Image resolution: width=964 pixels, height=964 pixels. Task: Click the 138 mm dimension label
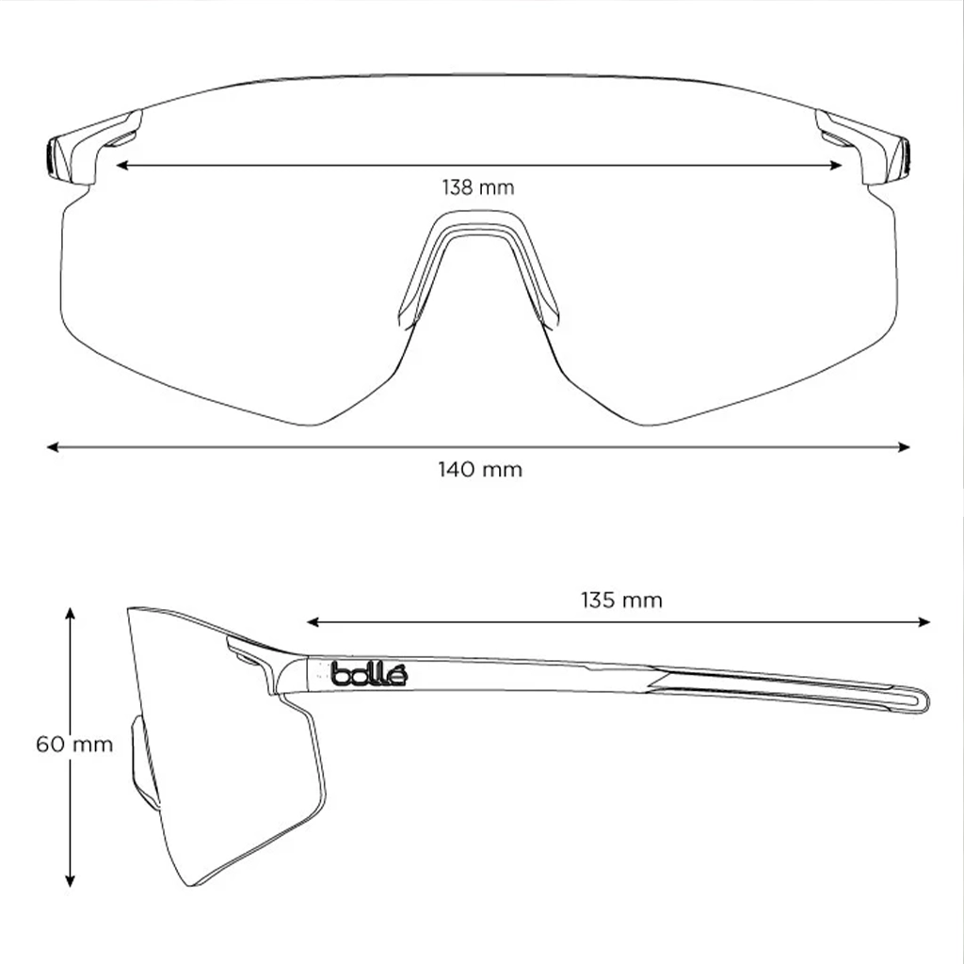coord(478,187)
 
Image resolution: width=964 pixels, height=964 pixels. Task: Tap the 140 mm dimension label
coord(480,470)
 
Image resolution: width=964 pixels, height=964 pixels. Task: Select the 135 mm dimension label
coord(621,600)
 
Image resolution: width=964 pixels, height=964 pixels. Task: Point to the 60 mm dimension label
coord(74,745)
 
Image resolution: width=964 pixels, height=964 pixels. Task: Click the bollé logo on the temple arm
coord(369,674)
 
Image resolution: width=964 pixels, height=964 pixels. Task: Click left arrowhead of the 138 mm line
coord(121,165)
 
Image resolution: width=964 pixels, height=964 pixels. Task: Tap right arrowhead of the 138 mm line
coord(836,165)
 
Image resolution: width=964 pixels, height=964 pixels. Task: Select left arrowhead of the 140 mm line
coord(53,447)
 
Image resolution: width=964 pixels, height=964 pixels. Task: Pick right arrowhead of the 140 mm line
coord(904,447)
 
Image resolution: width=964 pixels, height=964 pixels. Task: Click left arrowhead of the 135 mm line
coord(313,622)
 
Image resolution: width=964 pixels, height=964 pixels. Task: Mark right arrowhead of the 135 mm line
coord(924,622)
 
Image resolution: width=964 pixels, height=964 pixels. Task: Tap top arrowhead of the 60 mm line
coord(70,614)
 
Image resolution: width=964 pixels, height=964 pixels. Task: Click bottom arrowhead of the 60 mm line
coord(70,881)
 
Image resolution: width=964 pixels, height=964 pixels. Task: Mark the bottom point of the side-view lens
coord(192,885)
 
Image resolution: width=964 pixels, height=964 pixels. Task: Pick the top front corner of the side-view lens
coord(129,609)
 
